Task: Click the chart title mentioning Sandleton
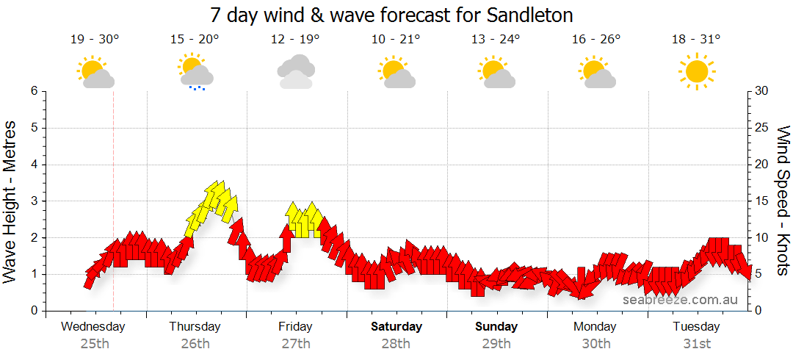[x=391, y=15]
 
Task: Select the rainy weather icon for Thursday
[x=195, y=71]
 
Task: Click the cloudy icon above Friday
[x=296, y=71]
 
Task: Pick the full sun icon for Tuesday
[x=696, y=71]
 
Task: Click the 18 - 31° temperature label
[x=696, y=39]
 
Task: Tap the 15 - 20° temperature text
[x=195, y=39]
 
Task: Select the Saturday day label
[x=396, y=326]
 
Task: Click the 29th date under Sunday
[x=496, y=343]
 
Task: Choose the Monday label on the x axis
[x=596, y=326]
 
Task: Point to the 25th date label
[x=94, y=343]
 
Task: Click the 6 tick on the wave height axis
[x=33, y=91]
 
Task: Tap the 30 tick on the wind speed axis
[x=763, y=91]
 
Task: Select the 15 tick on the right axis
[x=763, y=201]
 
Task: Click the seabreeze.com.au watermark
[x=680, y=299]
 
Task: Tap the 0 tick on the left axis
[x=33, y=311]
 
